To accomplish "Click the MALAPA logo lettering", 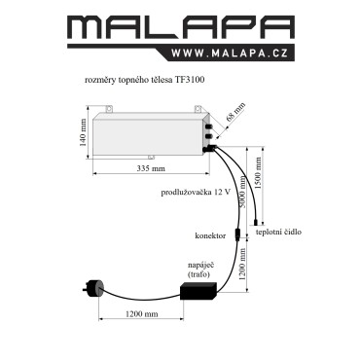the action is (x=181, y=28).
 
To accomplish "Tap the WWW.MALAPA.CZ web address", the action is (x=230, y=53).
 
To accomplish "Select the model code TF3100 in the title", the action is (x=191, y=80).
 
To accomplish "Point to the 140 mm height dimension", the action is (x=84, y=132).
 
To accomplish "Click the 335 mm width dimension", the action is (x=151, y=168).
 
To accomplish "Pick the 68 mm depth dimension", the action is (x=235, y=112).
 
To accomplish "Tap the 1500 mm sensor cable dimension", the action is (x=258, y=173).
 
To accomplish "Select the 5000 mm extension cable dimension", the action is (x=242, y=192).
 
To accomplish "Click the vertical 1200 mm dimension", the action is (x=242, y=264).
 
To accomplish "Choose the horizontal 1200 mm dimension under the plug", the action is (x=142, y=314).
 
